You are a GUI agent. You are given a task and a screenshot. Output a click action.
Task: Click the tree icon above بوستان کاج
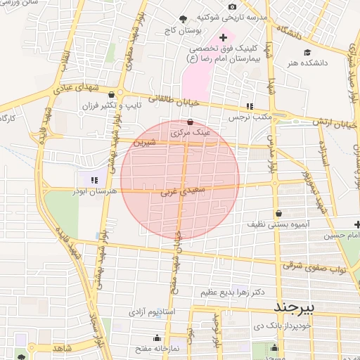pos(184,19)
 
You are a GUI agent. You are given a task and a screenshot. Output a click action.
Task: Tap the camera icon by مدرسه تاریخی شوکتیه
pos(232,7)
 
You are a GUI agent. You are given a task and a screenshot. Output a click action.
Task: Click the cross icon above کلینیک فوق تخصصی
pos(224,37)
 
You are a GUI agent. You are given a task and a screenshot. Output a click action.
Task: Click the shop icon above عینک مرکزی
pos(190,122)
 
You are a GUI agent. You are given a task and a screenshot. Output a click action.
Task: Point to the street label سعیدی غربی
pos(176,190)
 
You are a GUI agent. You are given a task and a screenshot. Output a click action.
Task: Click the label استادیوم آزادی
pos(155,311)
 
